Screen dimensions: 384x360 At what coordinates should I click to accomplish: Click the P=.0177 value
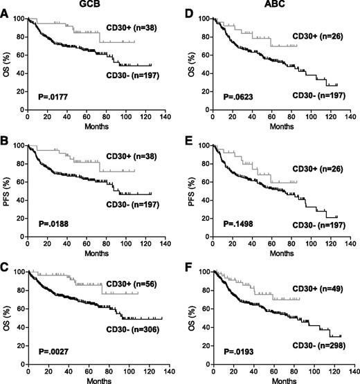(50, 98)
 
